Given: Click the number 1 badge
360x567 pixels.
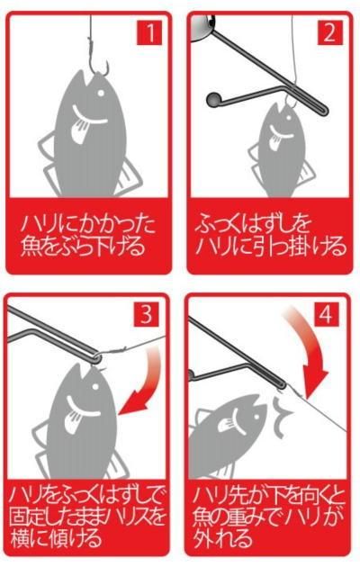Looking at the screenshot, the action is coord(149,33).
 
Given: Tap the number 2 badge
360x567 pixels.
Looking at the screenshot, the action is coord(329,33).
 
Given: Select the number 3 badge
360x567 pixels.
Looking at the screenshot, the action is coord(146,314).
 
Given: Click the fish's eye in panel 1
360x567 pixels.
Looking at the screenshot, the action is coord(101,94).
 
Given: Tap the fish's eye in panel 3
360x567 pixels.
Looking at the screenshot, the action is coord(95,386).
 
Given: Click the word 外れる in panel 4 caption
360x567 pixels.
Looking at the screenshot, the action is coord(222,538).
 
